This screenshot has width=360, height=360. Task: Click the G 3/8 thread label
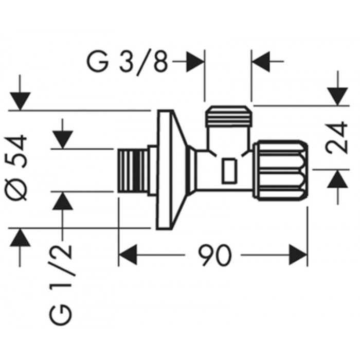(127, 62)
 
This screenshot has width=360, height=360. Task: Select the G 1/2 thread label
(61, 285)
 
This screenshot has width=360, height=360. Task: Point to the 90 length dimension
(214, 255)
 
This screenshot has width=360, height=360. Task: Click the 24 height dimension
(336, 137)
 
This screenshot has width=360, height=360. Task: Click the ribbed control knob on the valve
(280, 171)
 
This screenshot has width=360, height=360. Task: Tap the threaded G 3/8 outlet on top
(229, 116)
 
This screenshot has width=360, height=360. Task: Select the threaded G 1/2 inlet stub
(133, 170)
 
